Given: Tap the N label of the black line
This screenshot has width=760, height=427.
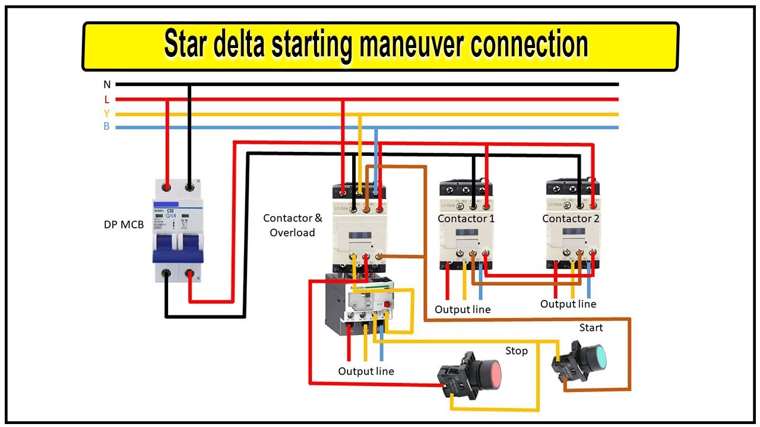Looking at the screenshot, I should [107, 85].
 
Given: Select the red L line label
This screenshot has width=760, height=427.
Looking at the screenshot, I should [107, 100].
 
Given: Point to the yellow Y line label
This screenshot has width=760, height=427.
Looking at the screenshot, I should [107, 113].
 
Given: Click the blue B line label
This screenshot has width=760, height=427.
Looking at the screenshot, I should [107, 127].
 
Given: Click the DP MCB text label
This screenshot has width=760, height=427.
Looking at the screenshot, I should [123, 225].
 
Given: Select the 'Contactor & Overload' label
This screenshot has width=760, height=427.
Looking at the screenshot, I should [293, 225].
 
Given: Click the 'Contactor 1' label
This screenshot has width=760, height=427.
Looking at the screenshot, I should [466, 219].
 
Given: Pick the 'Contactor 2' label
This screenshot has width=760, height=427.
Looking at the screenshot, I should [571, 219].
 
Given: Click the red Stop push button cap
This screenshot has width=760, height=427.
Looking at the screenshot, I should [488, 372].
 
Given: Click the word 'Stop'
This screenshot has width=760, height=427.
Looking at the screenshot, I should [516, 351].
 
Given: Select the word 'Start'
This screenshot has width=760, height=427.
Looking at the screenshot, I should [591, 327].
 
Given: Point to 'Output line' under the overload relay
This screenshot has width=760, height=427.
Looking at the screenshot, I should [366, 371].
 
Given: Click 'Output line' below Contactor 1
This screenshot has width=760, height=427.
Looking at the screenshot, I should [463, 310].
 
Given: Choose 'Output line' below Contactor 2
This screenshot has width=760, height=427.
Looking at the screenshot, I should [568, 304].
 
